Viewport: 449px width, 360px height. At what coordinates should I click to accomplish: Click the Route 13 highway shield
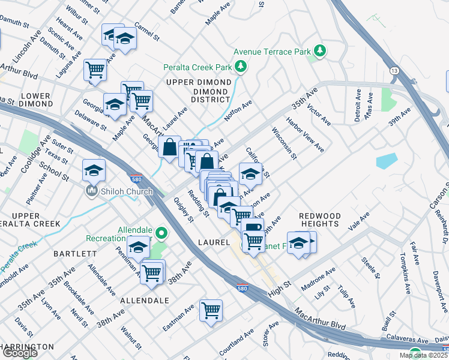394,71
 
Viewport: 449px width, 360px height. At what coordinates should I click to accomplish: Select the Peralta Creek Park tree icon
241,66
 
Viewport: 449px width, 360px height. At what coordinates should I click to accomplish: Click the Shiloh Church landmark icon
92,191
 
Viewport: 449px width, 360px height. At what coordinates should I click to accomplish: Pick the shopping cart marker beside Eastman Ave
211,311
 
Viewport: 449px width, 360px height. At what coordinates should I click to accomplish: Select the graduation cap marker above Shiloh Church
94,170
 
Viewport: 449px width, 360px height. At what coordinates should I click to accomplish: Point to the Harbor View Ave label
306,139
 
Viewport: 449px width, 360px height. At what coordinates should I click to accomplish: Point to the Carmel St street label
147,32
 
